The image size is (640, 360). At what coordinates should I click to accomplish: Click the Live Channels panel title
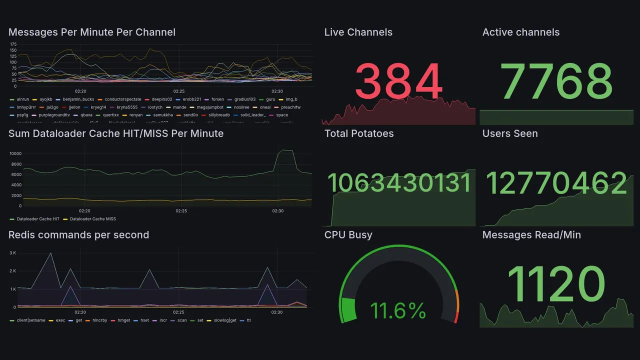(x=358, y=32)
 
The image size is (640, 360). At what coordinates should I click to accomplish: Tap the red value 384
(x=398, y=81)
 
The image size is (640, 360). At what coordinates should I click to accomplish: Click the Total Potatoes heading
(x=358, y=133)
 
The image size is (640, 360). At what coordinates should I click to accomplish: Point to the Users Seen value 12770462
(x=556, y=183)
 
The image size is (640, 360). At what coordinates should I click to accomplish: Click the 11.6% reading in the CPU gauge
(x=398, y=311)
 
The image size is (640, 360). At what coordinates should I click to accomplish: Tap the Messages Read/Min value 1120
(x=556, y=284)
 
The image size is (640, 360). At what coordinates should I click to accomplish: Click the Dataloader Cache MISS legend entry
(x=92, y=219)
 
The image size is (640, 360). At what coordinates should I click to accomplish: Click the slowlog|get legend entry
(x=225, y=320)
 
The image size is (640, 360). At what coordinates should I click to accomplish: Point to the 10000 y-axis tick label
(x=15, y=153)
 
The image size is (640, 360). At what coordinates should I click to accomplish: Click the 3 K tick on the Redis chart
(x=13, y=253)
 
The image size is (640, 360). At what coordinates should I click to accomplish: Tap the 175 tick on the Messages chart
(x=13, y=44)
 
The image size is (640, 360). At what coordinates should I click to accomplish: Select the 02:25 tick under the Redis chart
(x=178, y=312)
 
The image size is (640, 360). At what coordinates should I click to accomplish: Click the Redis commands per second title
(x=78, y=235)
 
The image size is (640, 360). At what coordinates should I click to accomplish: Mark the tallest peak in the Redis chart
(x=50, y=253)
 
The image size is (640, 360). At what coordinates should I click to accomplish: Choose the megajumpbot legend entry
(x=210, y=107)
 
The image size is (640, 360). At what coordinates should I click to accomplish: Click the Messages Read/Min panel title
(x=531, y=235)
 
